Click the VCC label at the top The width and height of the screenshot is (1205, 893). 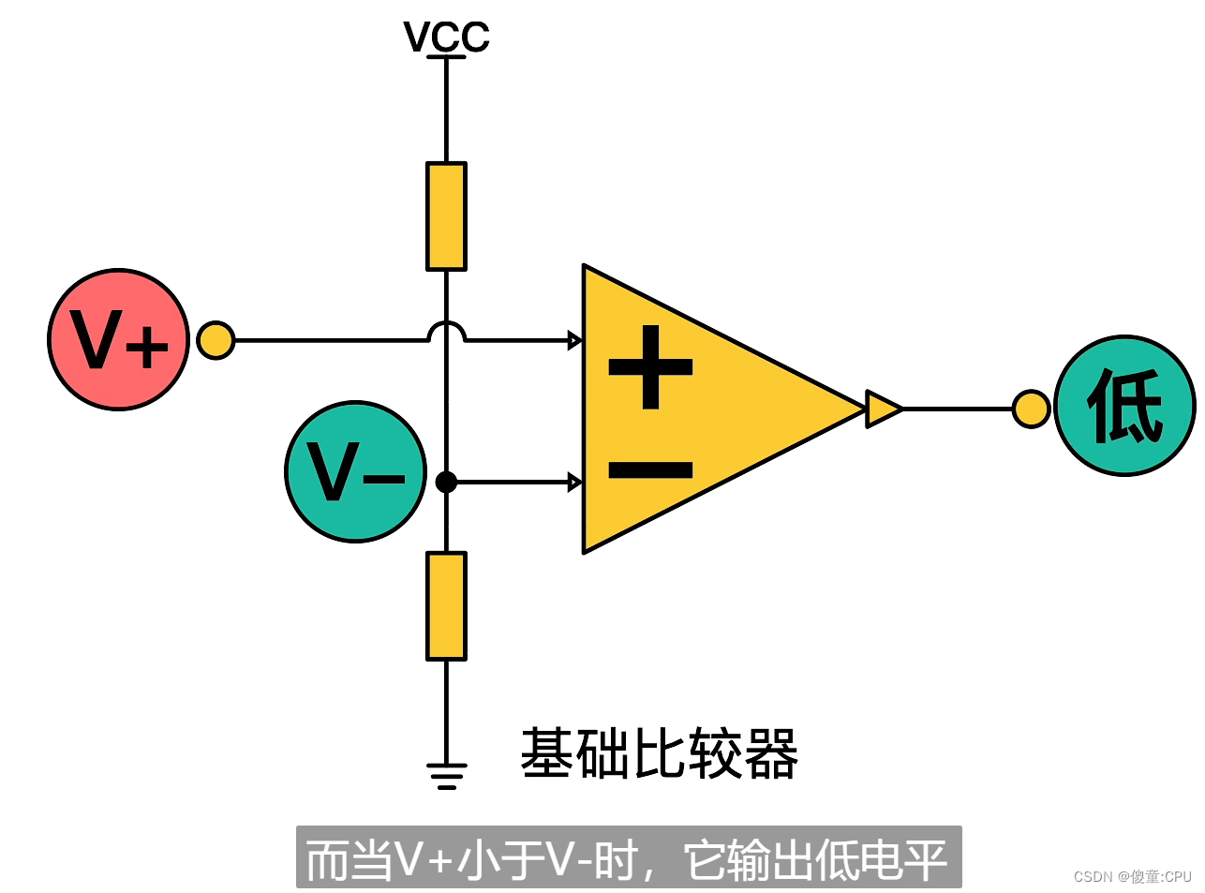[446, 37]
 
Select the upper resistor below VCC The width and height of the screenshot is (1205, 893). [446, 216]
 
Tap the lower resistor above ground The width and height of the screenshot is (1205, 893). [446, 606]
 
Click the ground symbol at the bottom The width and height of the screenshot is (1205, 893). [446, 775]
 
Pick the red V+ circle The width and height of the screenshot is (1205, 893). [119, 340]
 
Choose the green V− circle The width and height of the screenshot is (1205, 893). [355, 472]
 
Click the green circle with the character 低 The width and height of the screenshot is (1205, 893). [1124, 406]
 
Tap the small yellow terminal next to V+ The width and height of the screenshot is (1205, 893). [216, 340]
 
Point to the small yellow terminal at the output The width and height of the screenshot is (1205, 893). [1031, 409]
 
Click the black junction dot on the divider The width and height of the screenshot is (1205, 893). [446, 482]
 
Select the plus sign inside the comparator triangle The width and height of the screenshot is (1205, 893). [650, 366]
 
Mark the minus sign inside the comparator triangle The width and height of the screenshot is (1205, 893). [650, 469]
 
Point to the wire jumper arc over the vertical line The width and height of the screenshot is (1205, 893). [446, 330]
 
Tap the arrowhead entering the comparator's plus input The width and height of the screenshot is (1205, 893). [574, 340]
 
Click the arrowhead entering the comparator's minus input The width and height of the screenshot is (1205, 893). [574, 482]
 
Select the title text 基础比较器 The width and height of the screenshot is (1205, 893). [659, 753]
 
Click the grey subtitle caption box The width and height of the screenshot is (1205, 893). [628, 857]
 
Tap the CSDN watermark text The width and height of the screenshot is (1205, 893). [1132, 876]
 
